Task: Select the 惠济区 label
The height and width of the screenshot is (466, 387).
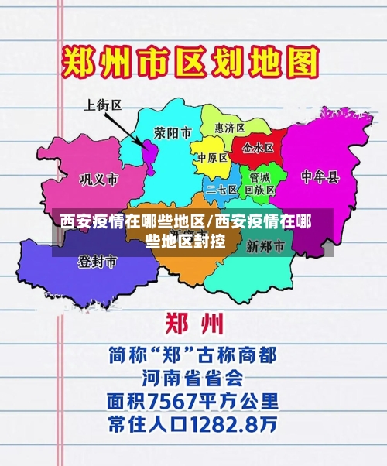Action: coord(229,128)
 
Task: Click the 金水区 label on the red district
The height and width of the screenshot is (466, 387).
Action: coord(258,147)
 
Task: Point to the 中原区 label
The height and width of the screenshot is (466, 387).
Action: coord(212,159)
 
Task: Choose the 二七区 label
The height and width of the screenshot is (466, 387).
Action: coord(222,189)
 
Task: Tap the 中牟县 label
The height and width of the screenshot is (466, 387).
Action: coord(320,177)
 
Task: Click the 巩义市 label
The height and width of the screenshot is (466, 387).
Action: coord(99,180)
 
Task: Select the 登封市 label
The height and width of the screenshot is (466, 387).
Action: coord(97,262)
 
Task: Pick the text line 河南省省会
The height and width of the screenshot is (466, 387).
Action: coord(193,379)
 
